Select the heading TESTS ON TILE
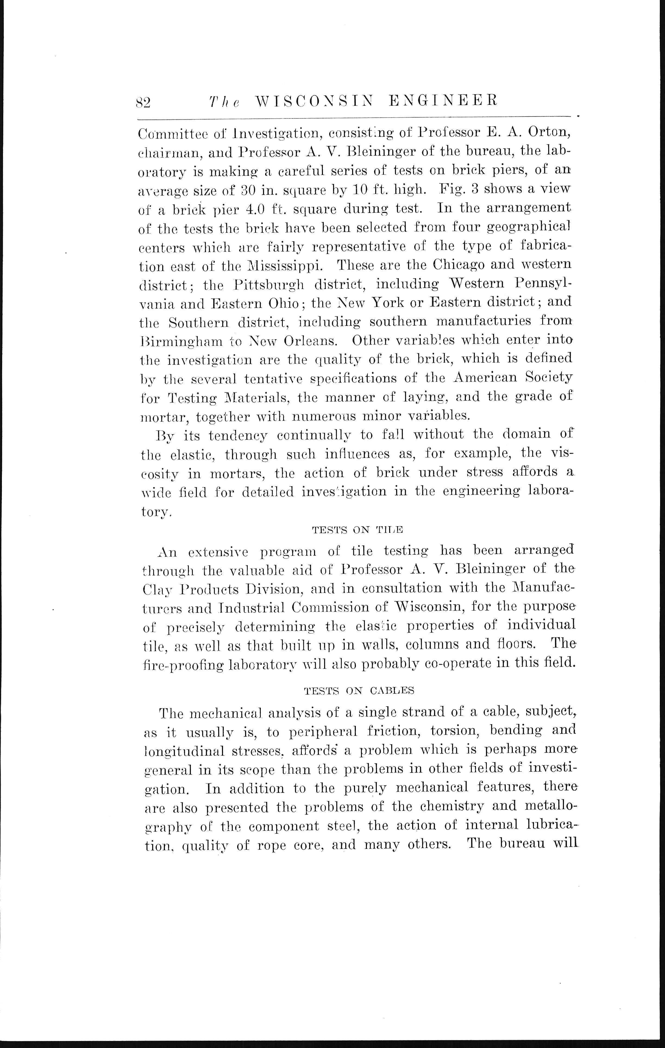click(358, 530)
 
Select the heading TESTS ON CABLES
click(359, 690)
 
